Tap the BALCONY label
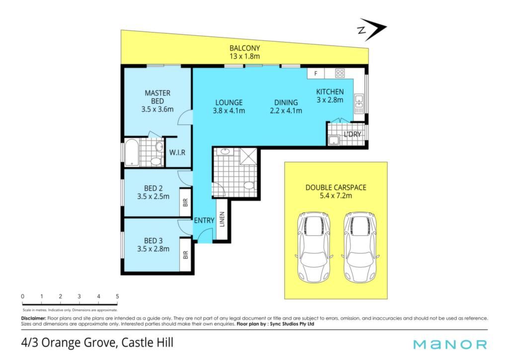tap(245, 48)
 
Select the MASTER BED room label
tap(158, 97)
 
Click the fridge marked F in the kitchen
tap(316, 74)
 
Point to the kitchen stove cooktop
tap(340, 74)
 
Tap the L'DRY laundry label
tap(352, 134)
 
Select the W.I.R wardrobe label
tap(177, 152)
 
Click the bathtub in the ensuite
tap(132, 152)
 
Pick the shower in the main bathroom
tap(249, 156)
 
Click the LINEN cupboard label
tap(222, 219)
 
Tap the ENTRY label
tap(204, 220)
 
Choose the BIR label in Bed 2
tap(185, 203)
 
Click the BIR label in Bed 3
tap(185, 255)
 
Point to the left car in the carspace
tap(314, 247)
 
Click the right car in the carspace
tap(360, 247)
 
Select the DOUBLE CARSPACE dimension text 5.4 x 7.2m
tap(336, 196)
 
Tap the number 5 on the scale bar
tap(117, 296)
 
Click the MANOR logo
tap(450, 345)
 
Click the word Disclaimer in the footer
tap(34, 318)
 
